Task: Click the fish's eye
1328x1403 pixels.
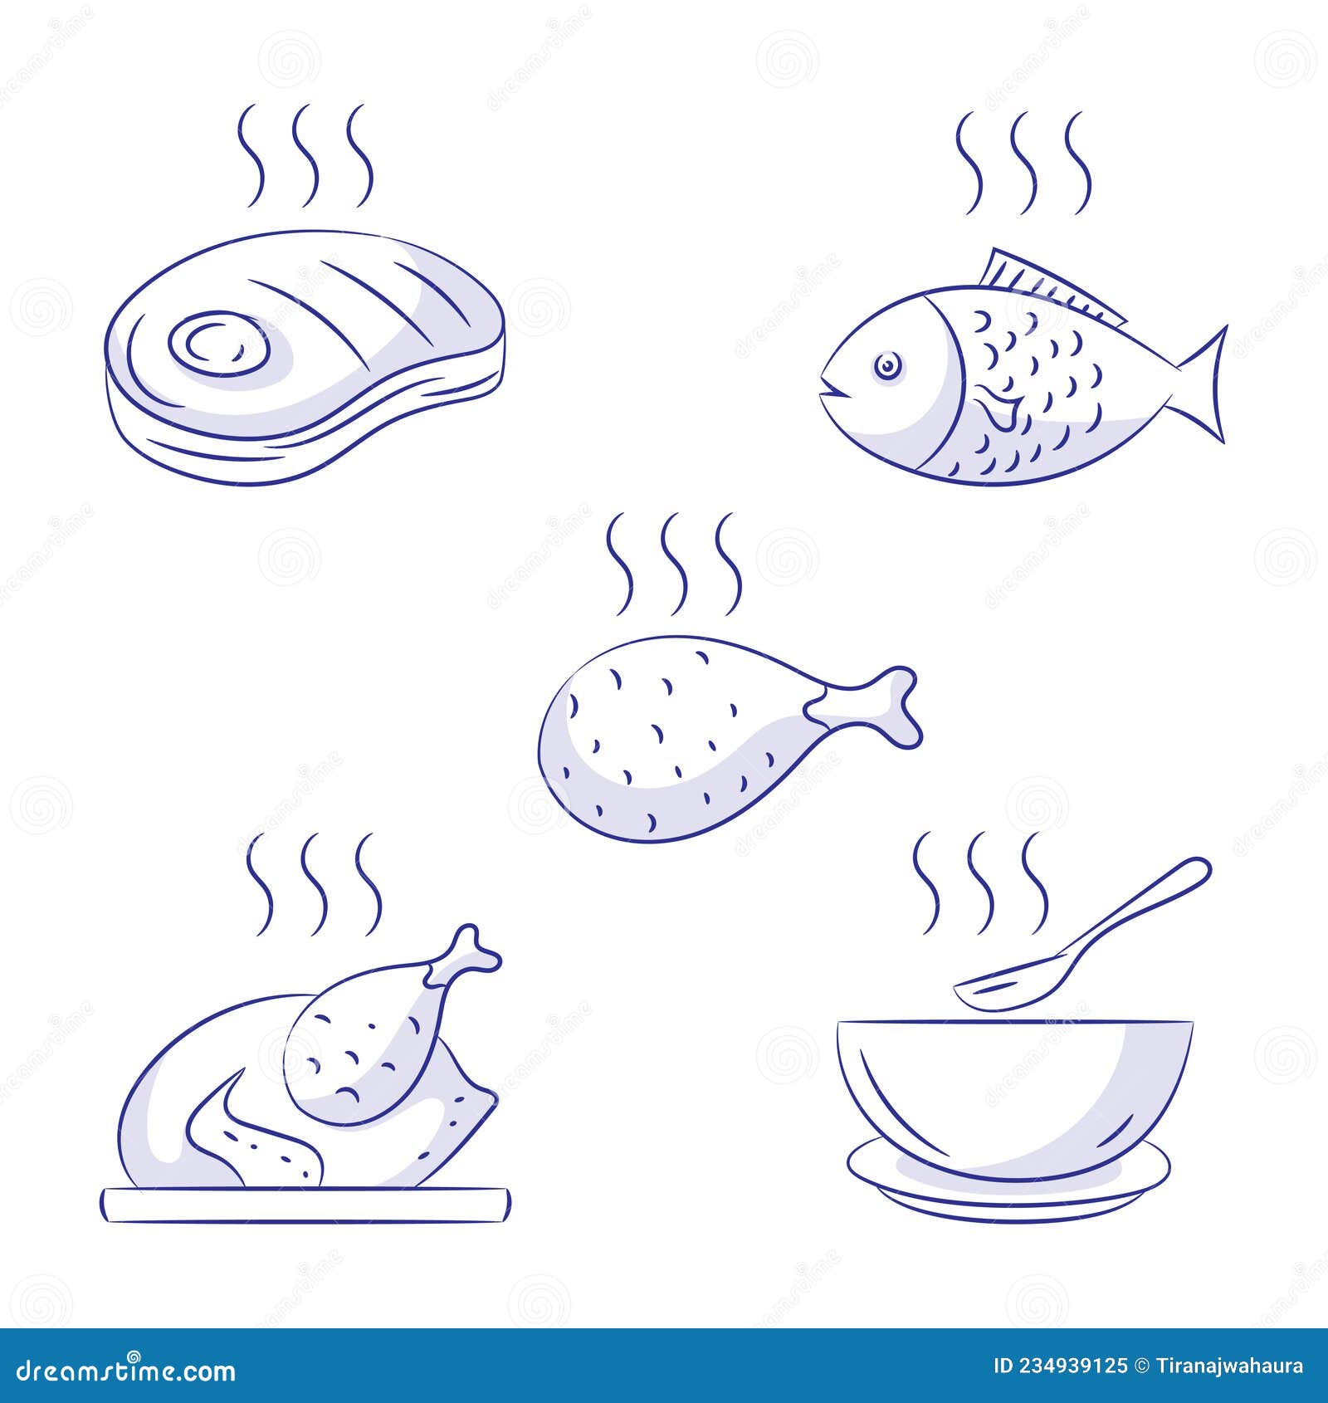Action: click(889, 364)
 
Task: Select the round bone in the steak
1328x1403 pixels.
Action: click(217, 343)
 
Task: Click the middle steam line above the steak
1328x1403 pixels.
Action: click(306, 156)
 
